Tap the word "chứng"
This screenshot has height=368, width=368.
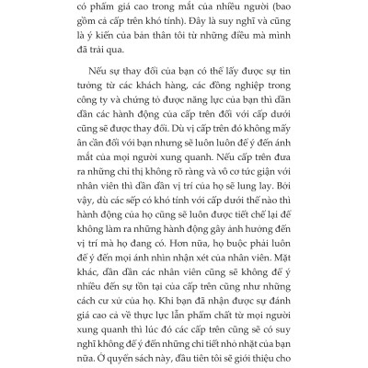[154, 143]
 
